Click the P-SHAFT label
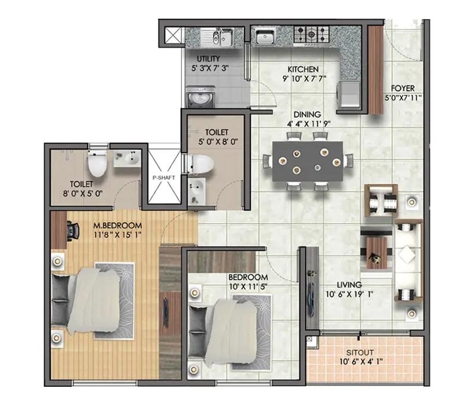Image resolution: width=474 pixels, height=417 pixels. coord(164,177)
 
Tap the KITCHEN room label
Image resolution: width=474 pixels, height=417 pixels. coord(303,69)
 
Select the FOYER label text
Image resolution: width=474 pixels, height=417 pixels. coord(403,88)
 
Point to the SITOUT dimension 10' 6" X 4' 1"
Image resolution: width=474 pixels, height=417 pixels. coord(361,361)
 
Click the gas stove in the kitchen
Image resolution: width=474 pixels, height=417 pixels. coord(311,34)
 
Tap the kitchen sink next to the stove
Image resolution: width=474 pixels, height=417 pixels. coord(265,37)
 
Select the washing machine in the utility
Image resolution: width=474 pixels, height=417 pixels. coord(200,97)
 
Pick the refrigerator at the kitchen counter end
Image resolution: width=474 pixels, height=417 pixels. coord(349,95)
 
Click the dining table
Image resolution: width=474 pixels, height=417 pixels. coord(308,161)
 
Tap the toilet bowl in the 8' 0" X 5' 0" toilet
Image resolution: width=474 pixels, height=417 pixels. coord(97,164)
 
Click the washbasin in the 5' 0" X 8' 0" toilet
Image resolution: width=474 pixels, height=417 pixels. coord(197,191)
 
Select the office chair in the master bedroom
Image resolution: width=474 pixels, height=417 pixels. coord(72,231)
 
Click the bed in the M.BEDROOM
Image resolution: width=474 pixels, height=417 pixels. coord(88,301)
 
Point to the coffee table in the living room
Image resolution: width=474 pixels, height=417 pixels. coord(377,253)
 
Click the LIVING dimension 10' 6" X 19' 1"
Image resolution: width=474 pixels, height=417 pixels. coord(349,294)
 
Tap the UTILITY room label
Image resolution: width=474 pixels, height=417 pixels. coord(208,59)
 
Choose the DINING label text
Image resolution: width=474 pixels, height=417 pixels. coord(307,115)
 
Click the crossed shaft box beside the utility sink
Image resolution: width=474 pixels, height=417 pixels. coord(173,36)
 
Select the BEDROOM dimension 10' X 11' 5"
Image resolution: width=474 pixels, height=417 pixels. coord(248,287)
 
